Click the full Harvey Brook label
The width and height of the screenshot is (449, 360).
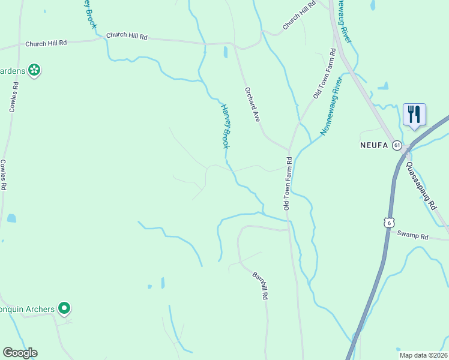tap(226, 127)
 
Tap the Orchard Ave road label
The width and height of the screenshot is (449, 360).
tap(252, 105)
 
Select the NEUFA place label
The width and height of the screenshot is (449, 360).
tap(374, 145)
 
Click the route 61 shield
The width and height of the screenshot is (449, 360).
tap(397, 145)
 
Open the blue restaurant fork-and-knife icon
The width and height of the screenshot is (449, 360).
tap(414, 114)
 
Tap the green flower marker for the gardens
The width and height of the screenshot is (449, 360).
tap(34, 70)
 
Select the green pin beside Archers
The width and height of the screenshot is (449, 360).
tap(65, 308)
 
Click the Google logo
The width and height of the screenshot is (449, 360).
tap(20, 353)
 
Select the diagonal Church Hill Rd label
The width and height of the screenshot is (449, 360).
tap(299, 16)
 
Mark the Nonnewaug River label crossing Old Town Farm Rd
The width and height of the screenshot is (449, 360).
tap(331, 107)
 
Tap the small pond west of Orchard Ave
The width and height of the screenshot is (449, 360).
tap(226, 52)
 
